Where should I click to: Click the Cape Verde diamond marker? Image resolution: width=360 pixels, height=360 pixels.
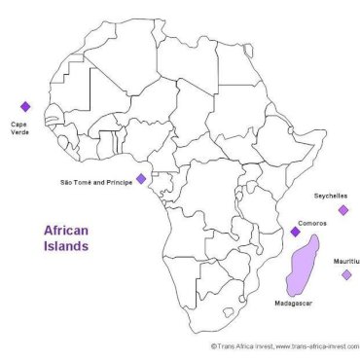pos(25,107)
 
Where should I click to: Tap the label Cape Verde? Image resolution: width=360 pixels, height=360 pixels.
pos(20,128)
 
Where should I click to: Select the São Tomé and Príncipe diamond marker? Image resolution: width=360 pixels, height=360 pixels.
pos(141,178)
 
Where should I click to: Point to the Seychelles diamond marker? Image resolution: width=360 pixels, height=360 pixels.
pos(342,209)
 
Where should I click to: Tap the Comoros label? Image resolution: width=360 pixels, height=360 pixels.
pos(312,223)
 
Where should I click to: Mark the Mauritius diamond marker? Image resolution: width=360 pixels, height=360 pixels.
pos(346,275)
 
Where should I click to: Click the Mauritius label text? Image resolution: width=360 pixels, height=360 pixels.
pos(345,261)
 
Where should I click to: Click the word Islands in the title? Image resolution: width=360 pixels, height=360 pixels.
pos(66,247)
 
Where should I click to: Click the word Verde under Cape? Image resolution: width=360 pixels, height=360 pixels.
pos(20,133)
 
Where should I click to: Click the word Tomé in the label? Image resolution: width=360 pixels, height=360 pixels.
pos(82,181)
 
